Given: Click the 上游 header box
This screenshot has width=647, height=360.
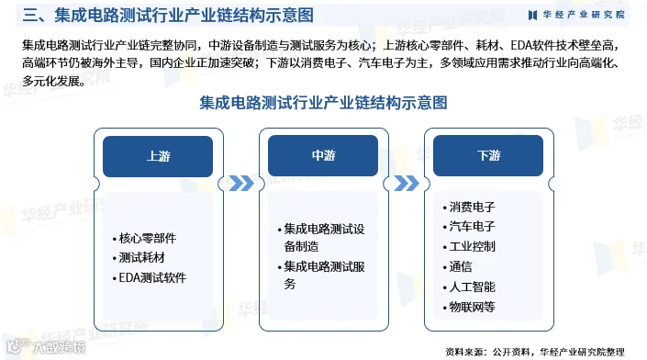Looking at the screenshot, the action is click(158, 156).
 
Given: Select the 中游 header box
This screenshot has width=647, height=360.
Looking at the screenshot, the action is click(323, 155).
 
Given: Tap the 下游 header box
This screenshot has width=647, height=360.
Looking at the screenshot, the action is click(488, 155).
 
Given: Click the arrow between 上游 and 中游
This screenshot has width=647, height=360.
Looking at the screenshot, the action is click(241, 184).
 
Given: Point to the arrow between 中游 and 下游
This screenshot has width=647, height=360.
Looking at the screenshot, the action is click(407, 184).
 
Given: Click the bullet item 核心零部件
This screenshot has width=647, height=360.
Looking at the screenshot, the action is click(144, 238).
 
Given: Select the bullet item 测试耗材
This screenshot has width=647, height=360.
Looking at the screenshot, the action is click(139, 258).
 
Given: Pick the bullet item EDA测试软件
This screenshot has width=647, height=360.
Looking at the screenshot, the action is click(150, 278).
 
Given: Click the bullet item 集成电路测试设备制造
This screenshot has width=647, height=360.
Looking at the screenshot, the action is click(321, 238).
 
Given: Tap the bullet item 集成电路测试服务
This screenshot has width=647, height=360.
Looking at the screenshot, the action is click(321, 276).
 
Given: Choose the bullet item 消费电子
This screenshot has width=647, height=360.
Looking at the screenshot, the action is click(469, 207).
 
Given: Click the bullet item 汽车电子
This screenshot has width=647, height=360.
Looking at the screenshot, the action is click(469, 227).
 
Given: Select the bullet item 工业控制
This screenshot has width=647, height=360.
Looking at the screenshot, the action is click(469, 247).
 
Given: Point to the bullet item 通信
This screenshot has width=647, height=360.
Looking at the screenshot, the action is click(457, 266).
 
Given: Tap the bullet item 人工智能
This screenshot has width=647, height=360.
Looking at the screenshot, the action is click(469, 287).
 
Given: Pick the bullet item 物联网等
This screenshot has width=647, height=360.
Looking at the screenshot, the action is click(469, 307).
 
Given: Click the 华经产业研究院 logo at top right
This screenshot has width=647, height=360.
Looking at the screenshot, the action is click(576, 15).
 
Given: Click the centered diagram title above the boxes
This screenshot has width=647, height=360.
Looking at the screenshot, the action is click(323, 103).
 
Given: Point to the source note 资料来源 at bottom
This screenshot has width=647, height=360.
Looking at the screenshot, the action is click(535, 352).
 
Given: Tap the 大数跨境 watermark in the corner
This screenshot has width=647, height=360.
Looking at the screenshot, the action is click(46, 347).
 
